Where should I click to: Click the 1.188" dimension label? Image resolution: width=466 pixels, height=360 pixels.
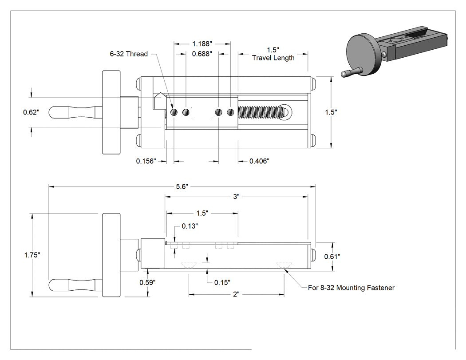(x=202, y=44)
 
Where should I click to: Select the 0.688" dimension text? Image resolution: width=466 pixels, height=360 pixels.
(x=202, y=54)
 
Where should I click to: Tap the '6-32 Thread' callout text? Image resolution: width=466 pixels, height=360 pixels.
(x=129, y=54)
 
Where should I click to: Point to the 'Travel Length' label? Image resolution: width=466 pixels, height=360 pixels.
(x=273, y=58)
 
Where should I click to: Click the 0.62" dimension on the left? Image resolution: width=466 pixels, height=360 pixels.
(x=31, y=112)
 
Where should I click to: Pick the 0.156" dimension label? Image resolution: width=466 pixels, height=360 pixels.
(x=146, y=161)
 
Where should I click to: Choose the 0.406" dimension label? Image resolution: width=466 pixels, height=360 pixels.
(x=259, y=161)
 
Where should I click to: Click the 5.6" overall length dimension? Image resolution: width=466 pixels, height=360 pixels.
(x=182, y=187)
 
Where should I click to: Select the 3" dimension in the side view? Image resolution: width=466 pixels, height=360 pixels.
(x=236, y=197)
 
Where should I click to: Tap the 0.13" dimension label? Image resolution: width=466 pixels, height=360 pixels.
(x=190, y=226)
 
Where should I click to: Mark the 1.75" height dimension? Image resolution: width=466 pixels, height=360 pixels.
(x=32, y=255)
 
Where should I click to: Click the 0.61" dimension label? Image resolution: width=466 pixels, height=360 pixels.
(x=332, y=257)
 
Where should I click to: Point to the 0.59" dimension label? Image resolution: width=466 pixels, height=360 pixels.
(x=147, y=282)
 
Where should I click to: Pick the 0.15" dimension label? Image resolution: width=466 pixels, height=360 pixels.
(x=222, y=282)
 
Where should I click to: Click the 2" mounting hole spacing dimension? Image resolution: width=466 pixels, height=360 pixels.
(x=236, y=294)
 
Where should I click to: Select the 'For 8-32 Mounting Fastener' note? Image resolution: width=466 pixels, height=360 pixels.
(x=351, y=288)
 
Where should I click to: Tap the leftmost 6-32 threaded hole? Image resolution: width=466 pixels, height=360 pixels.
(x=174, y=112)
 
